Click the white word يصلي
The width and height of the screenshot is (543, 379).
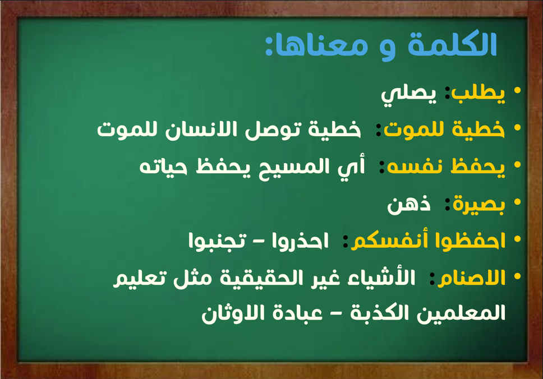tap(408, 95)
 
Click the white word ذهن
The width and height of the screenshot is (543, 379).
tap(408, 205)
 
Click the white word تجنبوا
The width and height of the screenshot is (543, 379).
tap(217, 241)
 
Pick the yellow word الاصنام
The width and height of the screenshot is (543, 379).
tap(472, 278)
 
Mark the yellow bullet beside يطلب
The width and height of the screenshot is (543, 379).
tap(518, 91)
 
